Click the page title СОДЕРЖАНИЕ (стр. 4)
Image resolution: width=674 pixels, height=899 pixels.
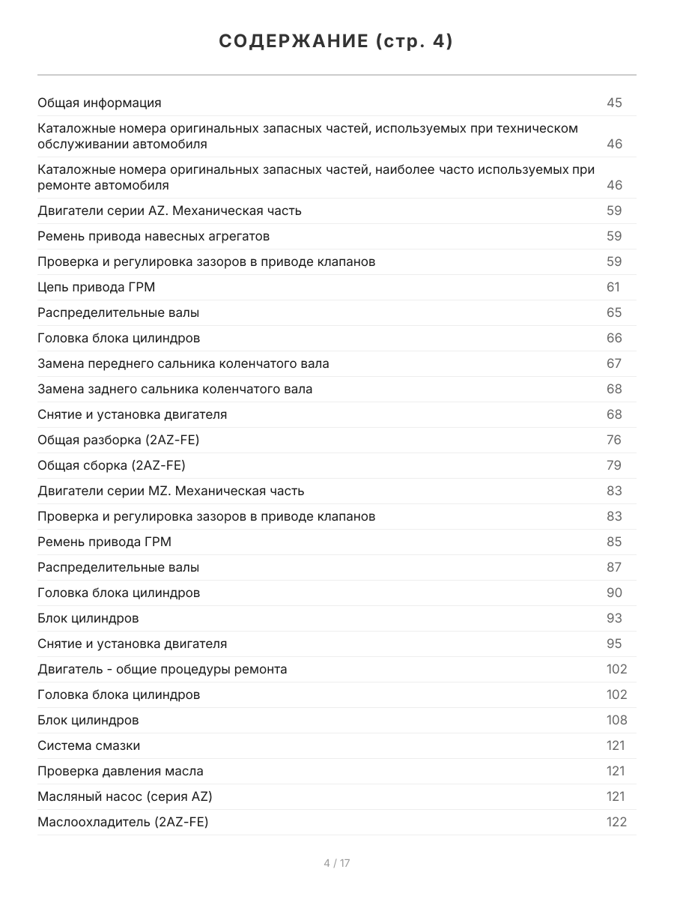point(336,42)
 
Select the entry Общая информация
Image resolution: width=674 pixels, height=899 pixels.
point(100,103)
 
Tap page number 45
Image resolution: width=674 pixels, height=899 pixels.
point(614,103)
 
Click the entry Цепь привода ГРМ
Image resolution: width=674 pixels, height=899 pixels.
point(97,287)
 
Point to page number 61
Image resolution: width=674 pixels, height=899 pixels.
point(613,287)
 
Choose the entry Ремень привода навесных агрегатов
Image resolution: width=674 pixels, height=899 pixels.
point(154,236)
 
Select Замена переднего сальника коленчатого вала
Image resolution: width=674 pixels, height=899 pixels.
point(183,363)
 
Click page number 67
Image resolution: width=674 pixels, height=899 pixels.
point(614,363)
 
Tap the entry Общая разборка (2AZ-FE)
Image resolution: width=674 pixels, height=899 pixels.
point(118,440)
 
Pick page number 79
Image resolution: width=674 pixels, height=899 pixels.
point(614,465)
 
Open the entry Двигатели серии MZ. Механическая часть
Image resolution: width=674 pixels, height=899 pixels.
point(171,491)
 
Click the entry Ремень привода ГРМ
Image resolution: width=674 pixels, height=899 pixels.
point(100,542)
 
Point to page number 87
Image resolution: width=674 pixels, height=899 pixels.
point(614,567)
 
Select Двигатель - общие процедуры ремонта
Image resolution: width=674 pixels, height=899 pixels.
point(163,669)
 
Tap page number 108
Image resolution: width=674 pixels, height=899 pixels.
point(616,720)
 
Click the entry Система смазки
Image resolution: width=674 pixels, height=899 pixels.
point(89,745)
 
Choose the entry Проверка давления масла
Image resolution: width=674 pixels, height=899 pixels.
point(121,771)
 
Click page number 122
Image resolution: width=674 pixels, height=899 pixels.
point(616,822)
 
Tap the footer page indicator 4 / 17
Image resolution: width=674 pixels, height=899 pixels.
point(337,863)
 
